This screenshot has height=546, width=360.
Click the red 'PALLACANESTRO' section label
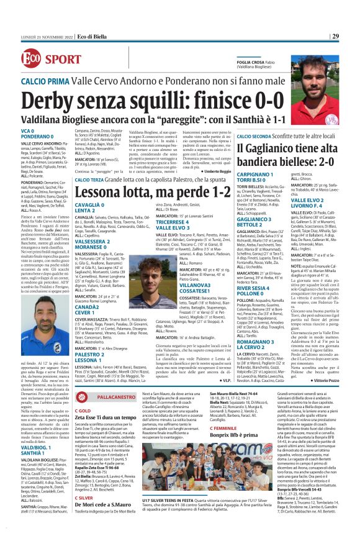(105, 396)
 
